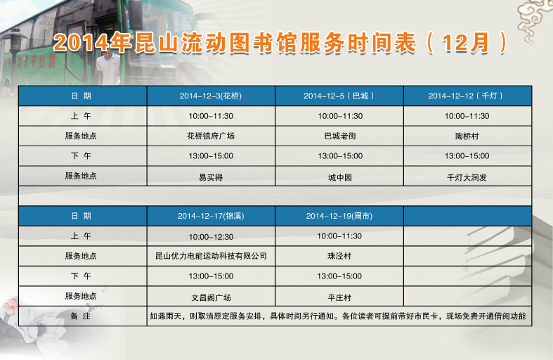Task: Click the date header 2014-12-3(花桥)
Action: coord(211,96)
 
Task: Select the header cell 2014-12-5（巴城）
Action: coord(339,96)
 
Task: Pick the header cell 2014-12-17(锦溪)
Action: coord(211,216)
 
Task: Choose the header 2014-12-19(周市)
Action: coord(339,216)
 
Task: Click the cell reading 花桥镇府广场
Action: coord(211,136)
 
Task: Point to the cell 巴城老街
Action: coord(340,136)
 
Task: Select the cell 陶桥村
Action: coord(467,136)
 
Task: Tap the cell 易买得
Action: coord(211,177)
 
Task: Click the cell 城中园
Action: coord(340,177)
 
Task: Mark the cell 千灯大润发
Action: coord(467,177)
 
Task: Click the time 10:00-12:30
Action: coord(211,237)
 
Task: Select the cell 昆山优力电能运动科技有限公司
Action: coord(211,256)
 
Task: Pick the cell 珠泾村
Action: coord(339,256)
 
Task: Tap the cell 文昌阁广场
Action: coord(211,298)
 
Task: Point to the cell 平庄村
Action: coord(339,298)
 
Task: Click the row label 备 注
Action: coord(80,316)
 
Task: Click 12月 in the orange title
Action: coord(466,43)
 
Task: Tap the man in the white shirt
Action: coord(109,67)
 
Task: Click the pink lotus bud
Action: coord(13,304)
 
